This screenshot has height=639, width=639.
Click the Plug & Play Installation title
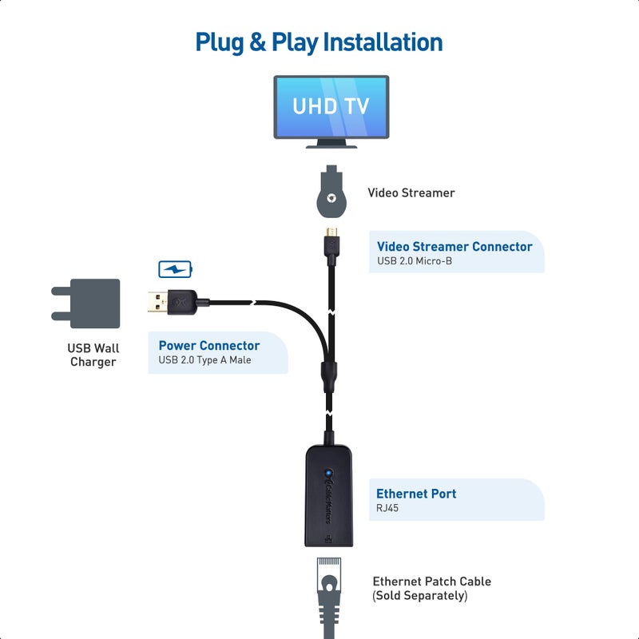[x=319, y=42]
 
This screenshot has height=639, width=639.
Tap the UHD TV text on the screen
[x=331, y=105]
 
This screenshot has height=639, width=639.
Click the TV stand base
[x=331, y=143]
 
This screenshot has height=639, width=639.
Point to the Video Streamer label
[x=411, y=192]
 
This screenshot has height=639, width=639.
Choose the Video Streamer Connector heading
[x=454, y=247]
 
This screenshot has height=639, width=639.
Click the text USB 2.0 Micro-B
[x=415, y=261]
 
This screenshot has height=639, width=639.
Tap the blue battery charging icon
[x=175, y=269]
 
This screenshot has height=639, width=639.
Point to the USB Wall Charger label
[x=93, y=355]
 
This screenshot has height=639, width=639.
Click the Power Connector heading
[x=208, y=346]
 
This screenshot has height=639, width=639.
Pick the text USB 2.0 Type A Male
[x=205, y=360]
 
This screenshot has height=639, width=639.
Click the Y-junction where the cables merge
[x=327, y=373]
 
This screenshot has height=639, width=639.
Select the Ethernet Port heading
[x=416, y=494]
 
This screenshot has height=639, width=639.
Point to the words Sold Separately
[x=420, y=596]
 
